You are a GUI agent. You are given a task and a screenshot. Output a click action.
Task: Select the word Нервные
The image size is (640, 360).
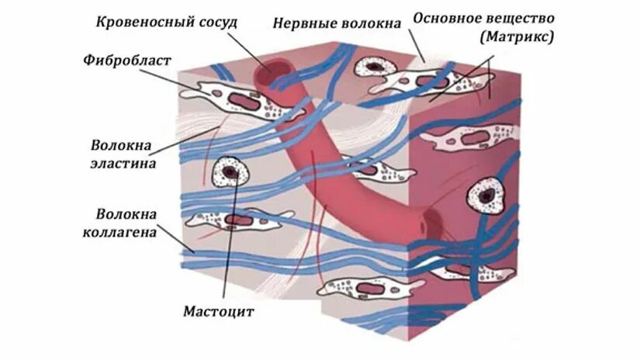click(302, 22)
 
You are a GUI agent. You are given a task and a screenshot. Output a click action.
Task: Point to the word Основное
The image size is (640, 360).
click(451, 17)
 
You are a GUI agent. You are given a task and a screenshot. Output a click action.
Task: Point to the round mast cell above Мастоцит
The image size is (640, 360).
click(229, 171)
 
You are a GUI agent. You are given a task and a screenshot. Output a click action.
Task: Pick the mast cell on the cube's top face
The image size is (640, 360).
click(375, 67)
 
